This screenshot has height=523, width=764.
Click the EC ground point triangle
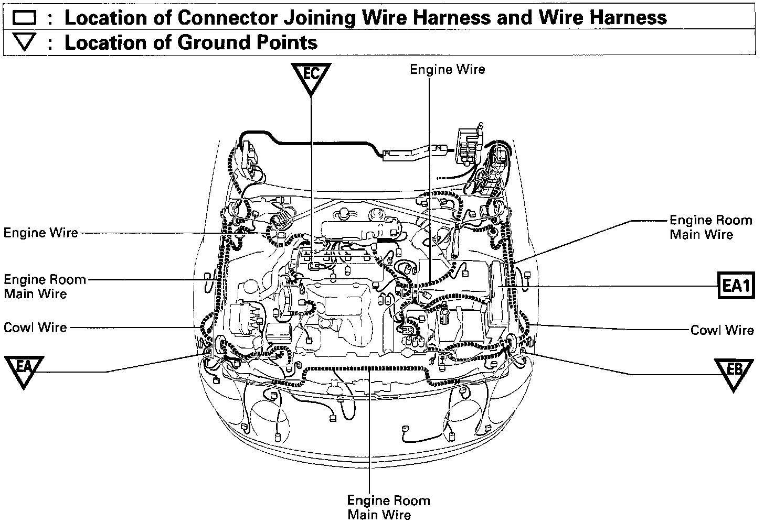coord(311,77)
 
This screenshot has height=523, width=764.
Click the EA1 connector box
coord(735,286)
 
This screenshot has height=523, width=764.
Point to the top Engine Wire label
coord(447,69)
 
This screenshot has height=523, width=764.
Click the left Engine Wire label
coord(41,233)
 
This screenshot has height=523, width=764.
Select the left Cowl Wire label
coord(35,328)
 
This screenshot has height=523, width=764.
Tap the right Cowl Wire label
coord(721,330)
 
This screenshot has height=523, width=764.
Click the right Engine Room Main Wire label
coord(710,227)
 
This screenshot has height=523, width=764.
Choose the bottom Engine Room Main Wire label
coord(388,507)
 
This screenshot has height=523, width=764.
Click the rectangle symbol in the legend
coord(24,18)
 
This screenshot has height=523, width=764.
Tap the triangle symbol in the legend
coord(24,42)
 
